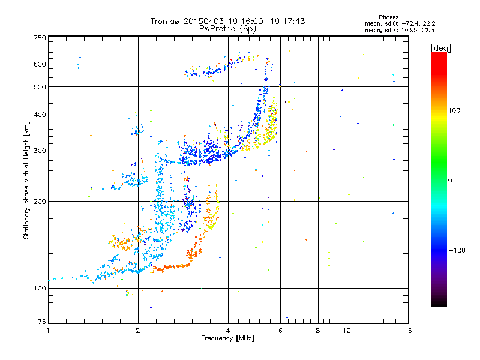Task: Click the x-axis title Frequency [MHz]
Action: coord(227,338)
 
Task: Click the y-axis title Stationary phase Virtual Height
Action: coord(26,180)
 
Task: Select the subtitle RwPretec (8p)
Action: coord(227,28)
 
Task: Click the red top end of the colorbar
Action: coord(439,55)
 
